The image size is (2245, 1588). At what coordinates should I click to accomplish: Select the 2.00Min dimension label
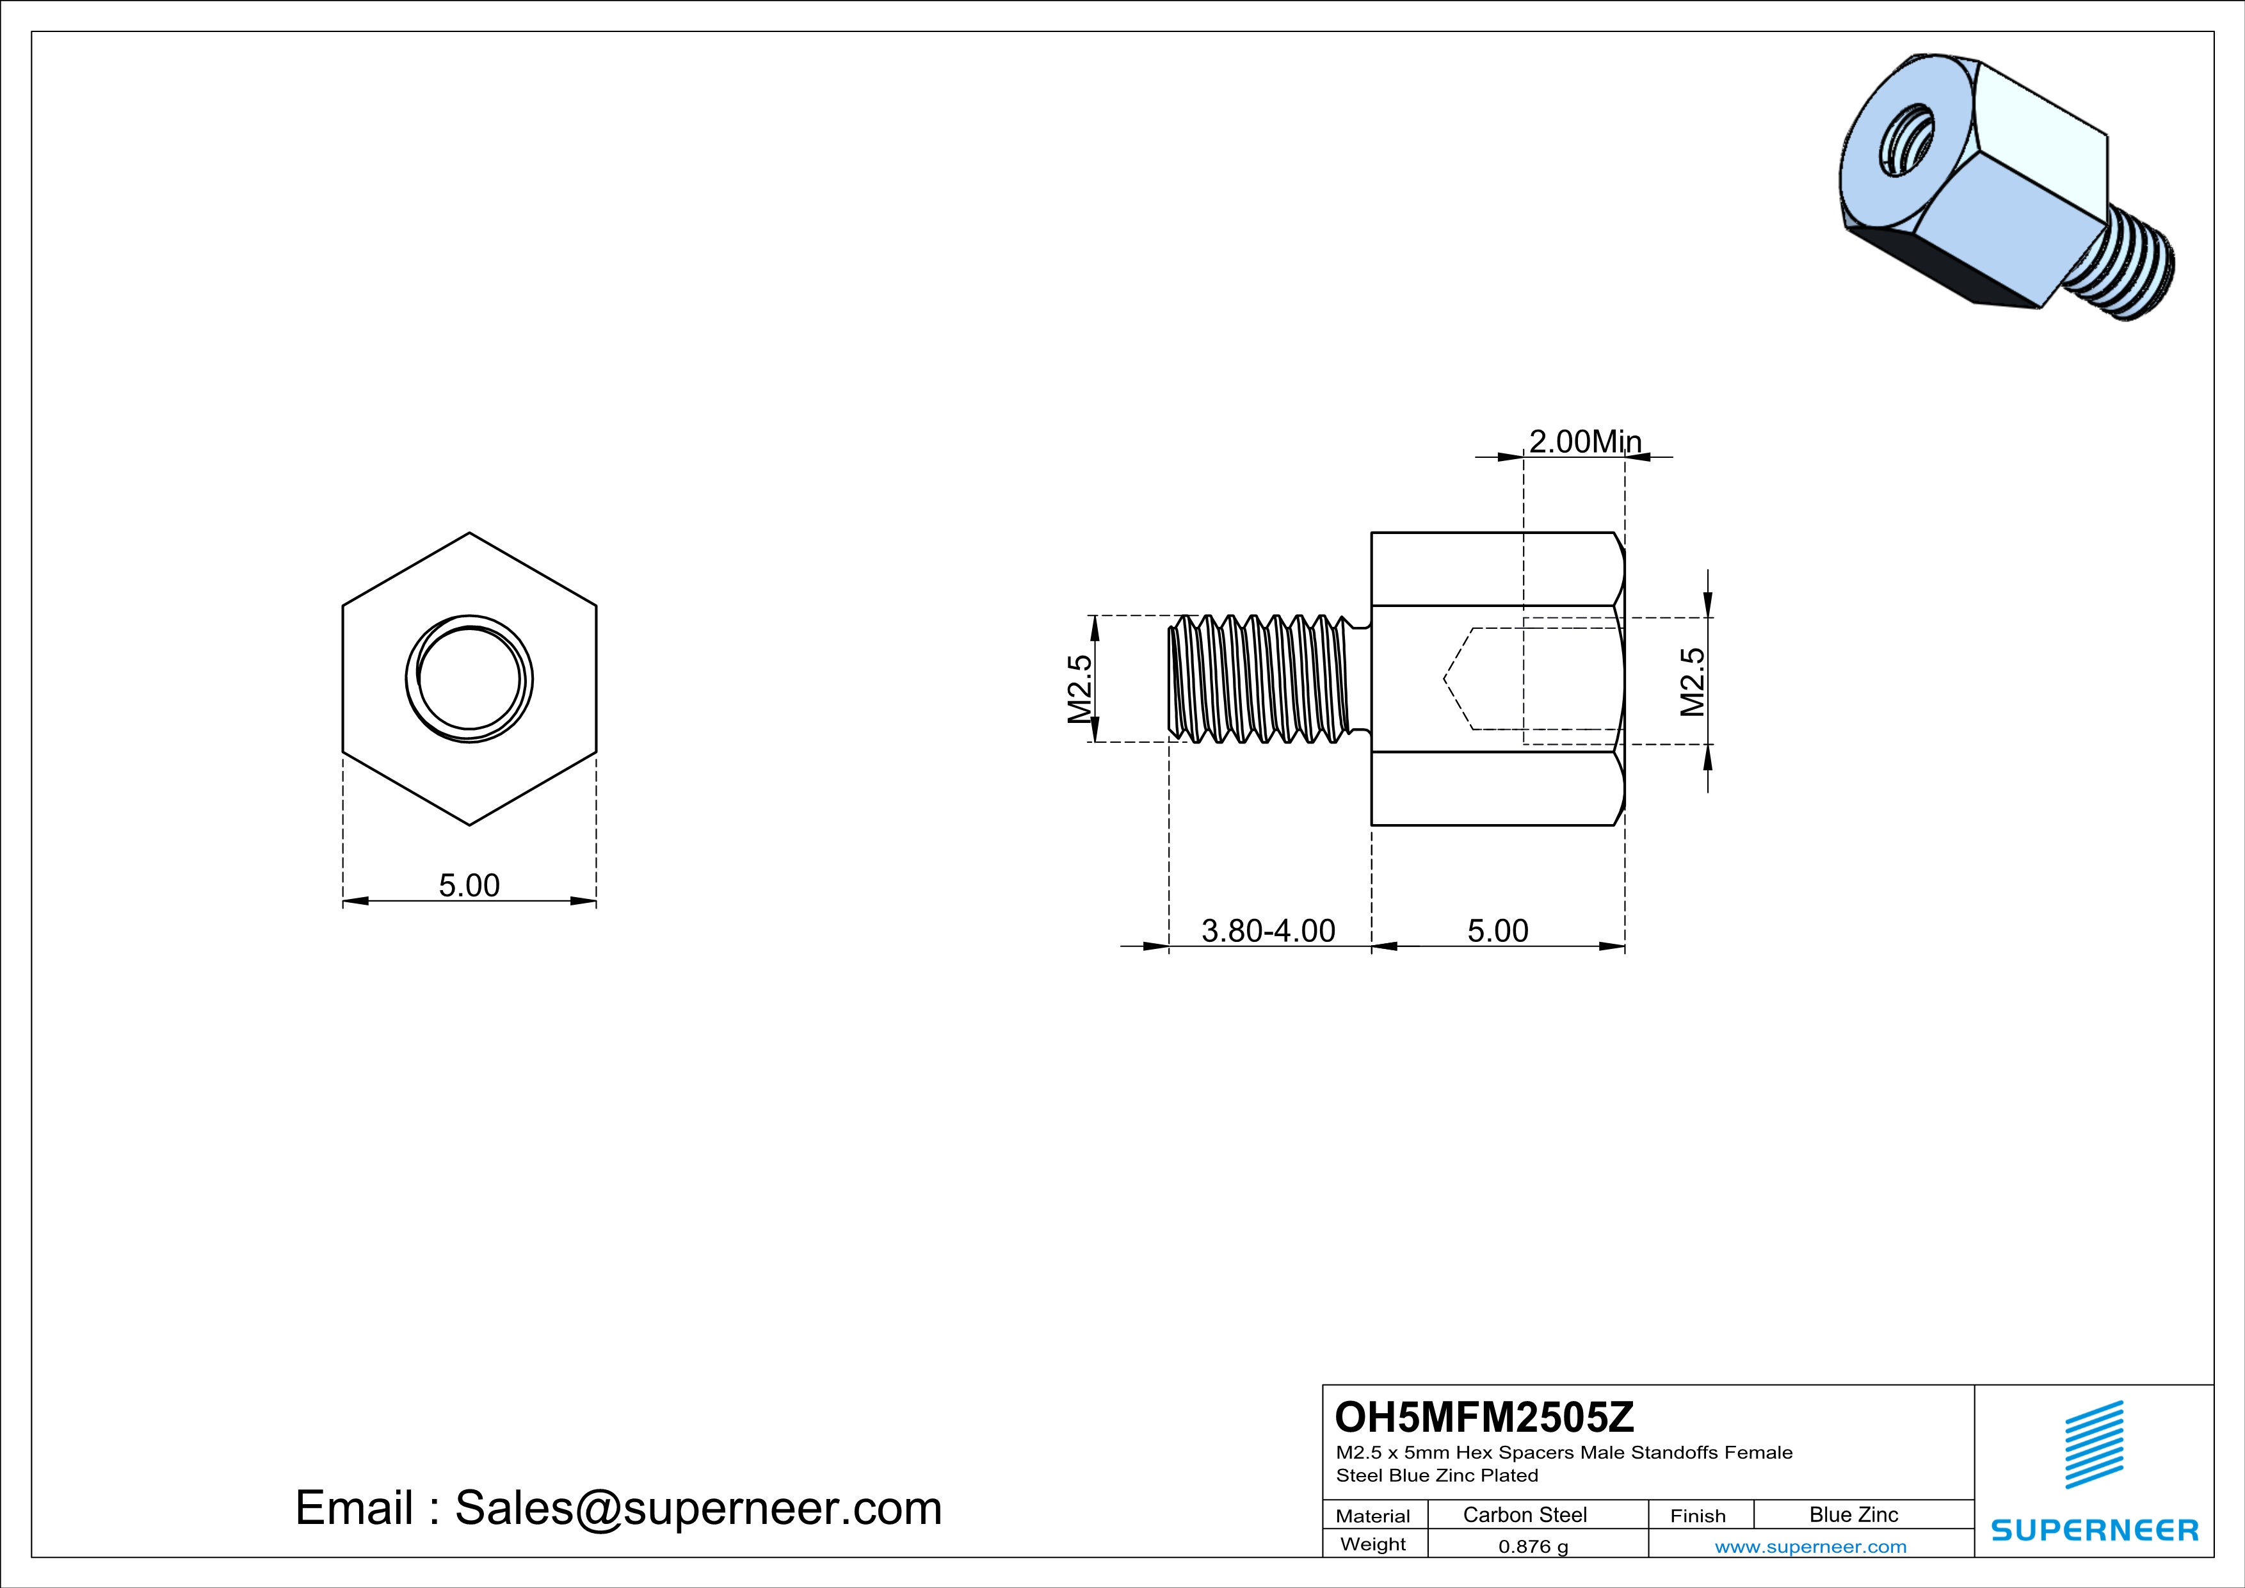point(1585,442)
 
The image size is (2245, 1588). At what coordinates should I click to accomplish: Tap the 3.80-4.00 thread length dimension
point(1268,931)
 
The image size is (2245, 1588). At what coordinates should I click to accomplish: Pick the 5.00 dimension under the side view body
point(1498,931)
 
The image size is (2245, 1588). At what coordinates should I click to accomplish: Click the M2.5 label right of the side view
point(1693,681)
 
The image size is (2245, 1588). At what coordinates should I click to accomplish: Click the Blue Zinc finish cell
point(1854,1514)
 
